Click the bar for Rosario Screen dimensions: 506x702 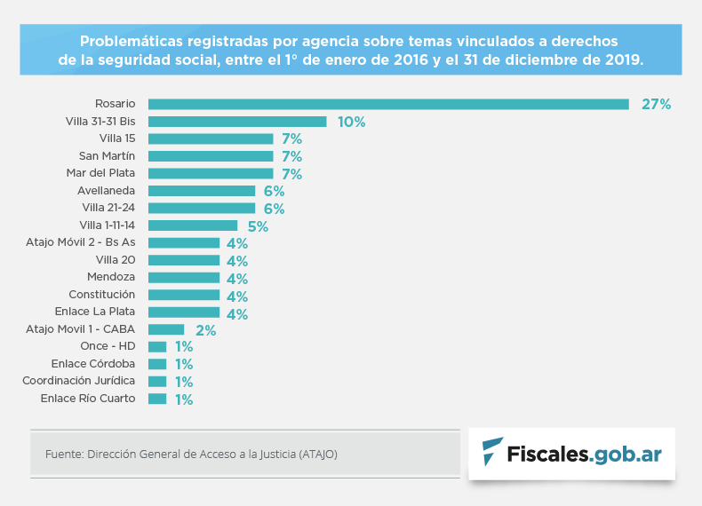(388, 104)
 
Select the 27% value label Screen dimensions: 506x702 (656, 104)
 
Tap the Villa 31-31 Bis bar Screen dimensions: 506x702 (237, 122)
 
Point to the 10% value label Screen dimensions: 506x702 (351, 122)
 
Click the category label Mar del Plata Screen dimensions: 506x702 (100, 172)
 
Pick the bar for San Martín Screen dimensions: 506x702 (211, 156)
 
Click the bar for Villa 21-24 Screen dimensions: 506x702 (202, 208)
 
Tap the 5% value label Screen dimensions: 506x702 (258, 226)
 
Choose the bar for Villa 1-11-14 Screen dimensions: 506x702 (193, 225)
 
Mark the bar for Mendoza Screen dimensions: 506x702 (184, 278)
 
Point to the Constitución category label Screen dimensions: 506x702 (101, 294)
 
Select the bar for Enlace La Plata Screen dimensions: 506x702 (184, 312)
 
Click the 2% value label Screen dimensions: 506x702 (205, 331)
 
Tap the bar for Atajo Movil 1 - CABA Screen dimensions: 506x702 (166, 329)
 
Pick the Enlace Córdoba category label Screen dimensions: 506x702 (93, 364)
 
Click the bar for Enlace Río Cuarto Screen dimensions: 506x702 (157, 399)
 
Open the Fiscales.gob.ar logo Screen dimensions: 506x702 (571, 454)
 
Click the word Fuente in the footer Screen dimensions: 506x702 (62, 454)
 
